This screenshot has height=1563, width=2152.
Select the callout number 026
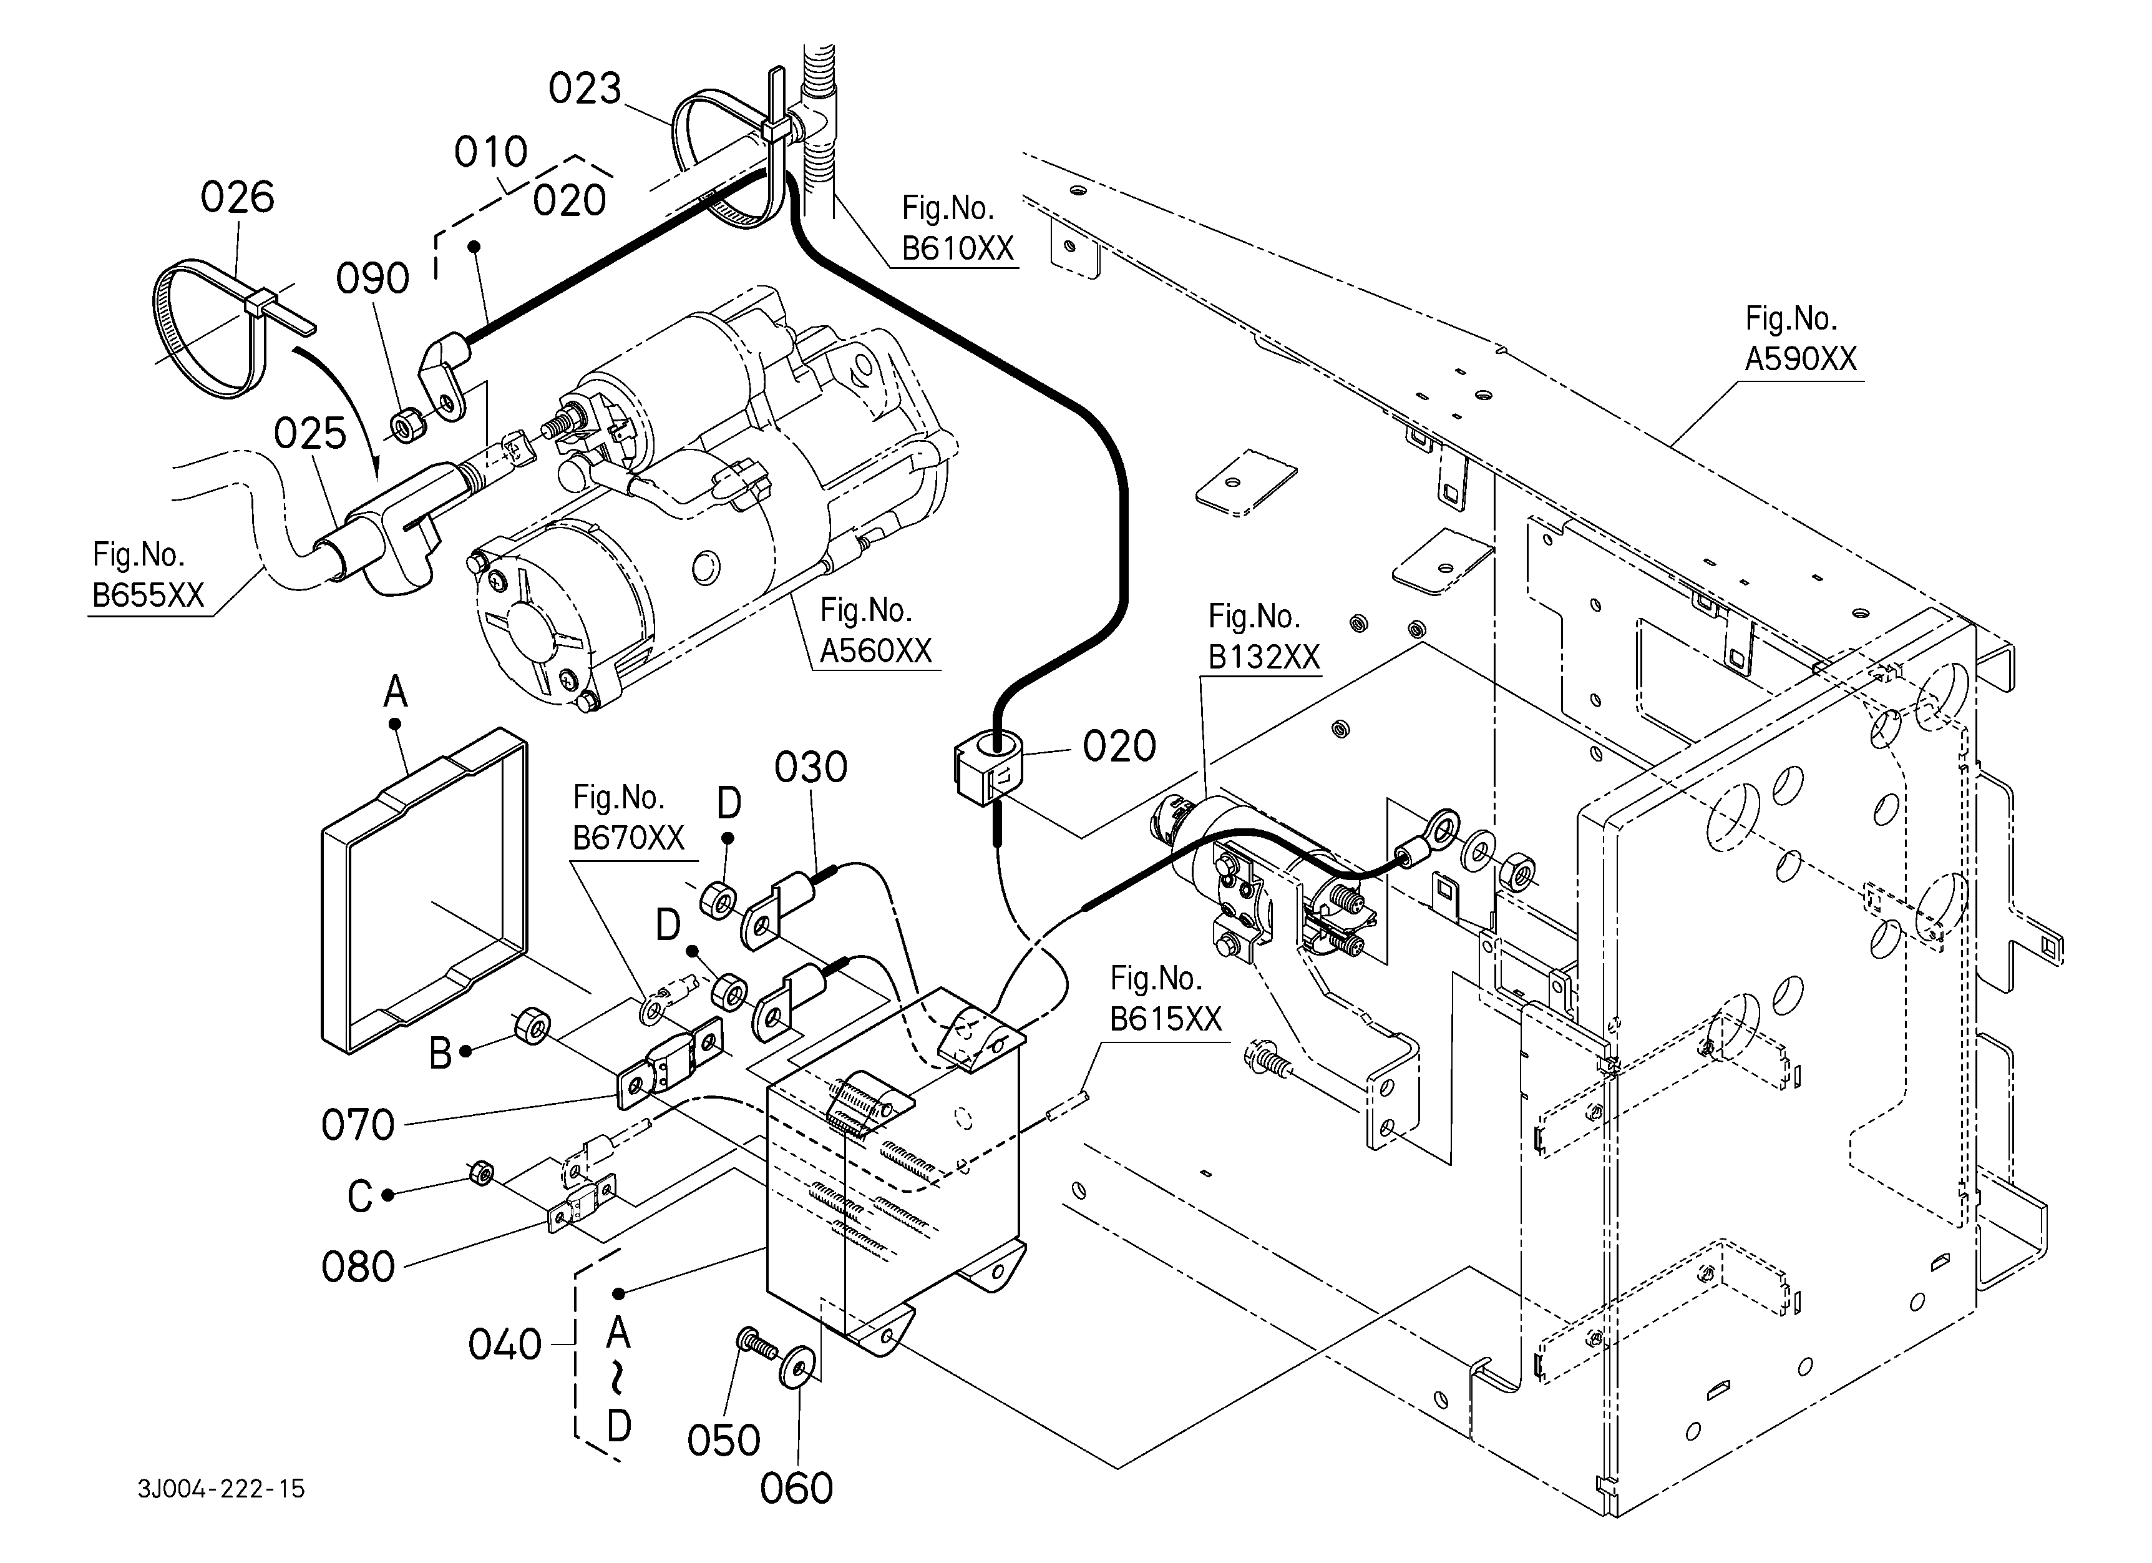coord(237,197)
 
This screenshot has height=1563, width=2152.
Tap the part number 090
coord(373,279)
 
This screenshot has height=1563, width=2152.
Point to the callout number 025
coord(310,434)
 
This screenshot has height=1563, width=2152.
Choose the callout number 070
coord(358,1125)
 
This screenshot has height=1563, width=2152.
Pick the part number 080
coord(358,1267)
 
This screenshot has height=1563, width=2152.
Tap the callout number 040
coord(505,1345)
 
